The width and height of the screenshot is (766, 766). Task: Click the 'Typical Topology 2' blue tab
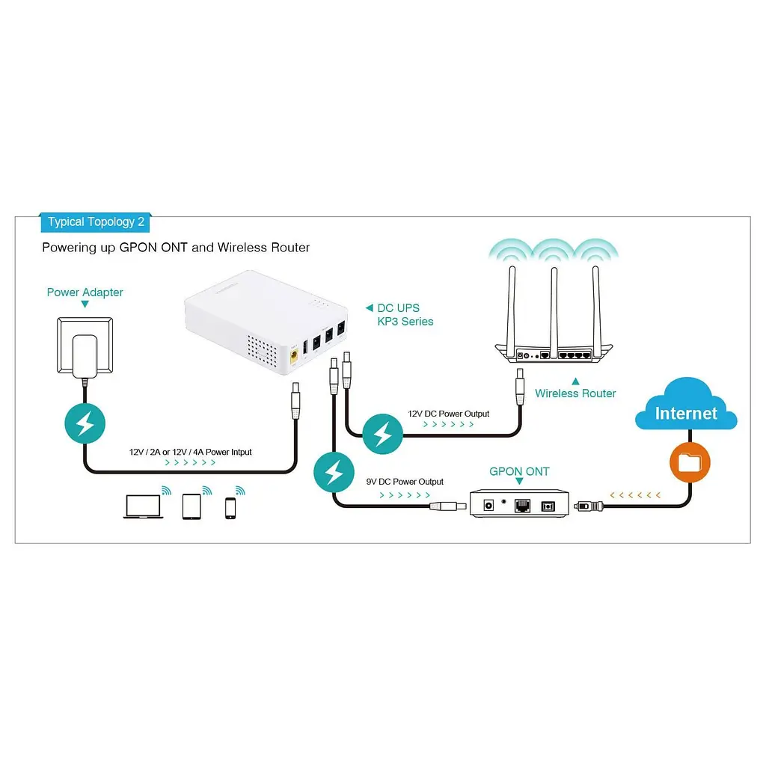click(x=95, y=222)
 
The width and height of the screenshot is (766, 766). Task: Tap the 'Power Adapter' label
click(x=85, y=292)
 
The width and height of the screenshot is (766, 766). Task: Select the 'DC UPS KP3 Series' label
click(x=405, y=315)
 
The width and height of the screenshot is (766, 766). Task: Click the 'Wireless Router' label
click(x=575, y=393)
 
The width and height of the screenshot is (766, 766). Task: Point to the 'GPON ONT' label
click(x=519, y=471)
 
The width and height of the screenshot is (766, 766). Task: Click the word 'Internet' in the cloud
click(x=686, y=413)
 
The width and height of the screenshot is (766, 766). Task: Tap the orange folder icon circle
click(x=689, y=462)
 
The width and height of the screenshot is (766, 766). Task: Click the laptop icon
click(x=143, y=506)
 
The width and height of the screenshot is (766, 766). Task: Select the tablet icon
click(x=191, y=506)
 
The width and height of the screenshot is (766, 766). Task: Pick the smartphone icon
click(x=230, y=508)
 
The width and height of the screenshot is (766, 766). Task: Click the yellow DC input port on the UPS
click(x=294, y=356)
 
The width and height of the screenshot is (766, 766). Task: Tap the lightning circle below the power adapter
click(x=85, y=423)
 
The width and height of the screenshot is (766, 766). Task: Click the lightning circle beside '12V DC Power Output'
click(x=382, y=434)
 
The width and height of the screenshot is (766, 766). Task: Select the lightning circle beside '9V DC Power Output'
click(x=334, y=473)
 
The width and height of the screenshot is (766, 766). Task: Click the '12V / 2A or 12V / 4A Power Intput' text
click(x=191, y=452)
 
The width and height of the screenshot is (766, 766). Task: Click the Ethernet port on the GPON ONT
click(x=522, y=506)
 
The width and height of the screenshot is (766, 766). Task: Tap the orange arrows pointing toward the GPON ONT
click(x=635, y=495)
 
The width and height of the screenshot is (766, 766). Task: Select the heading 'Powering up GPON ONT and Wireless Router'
click(x=176, y=248)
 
